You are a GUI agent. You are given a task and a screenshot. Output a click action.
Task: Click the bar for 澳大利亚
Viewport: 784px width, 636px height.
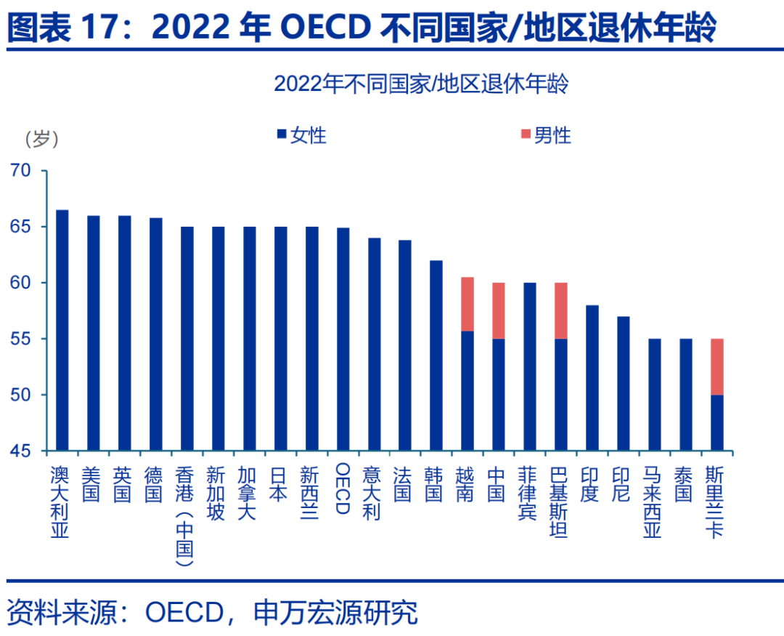[62, 330]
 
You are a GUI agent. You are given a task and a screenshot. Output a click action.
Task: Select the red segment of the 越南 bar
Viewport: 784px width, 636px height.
[467, 304]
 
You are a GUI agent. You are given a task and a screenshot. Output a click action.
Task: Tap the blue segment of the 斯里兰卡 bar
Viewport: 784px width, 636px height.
[717, 422]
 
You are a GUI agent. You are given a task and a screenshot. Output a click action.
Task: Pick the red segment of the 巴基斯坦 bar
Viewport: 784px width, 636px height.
[561, 310]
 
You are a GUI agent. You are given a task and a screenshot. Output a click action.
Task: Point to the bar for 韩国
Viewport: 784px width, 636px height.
[436, 355]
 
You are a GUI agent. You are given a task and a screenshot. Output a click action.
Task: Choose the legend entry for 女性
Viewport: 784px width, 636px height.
[301, 135]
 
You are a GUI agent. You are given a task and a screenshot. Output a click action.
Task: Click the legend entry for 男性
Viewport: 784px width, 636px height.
[545, 135]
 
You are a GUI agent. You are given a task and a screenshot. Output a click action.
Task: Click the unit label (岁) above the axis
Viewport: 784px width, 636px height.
[41, 137]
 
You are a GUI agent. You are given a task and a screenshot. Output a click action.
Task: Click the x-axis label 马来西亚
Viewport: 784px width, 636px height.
[653, 501]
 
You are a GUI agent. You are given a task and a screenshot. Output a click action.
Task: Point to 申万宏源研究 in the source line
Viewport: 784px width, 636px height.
[336, 612]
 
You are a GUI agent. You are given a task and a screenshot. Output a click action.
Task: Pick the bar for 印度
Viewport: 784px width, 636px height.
[592, 378]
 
